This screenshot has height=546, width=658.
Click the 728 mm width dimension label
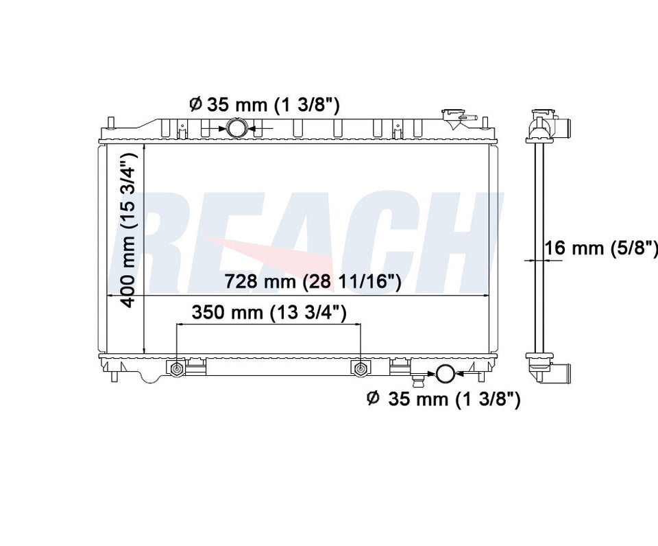point(313,281)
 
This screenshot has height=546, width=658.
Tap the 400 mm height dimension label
point(127,230)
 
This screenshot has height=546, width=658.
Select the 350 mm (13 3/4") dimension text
point(269,313)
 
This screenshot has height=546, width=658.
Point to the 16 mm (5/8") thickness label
point(601,248)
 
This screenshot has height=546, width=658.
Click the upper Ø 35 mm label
point(264,104)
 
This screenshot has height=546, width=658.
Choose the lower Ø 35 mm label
point(443,399)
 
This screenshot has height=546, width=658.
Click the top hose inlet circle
point(238,128)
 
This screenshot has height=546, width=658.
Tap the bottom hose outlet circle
point(446,372)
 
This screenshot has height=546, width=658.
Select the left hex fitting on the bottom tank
point(176,369)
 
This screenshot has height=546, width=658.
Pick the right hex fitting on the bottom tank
point(360,369)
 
